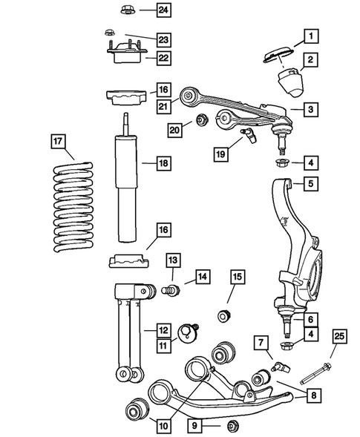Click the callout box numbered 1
coord(311,34)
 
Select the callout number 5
coord(311,183)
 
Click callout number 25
coord(339,339)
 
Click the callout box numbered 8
coord(315,396)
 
